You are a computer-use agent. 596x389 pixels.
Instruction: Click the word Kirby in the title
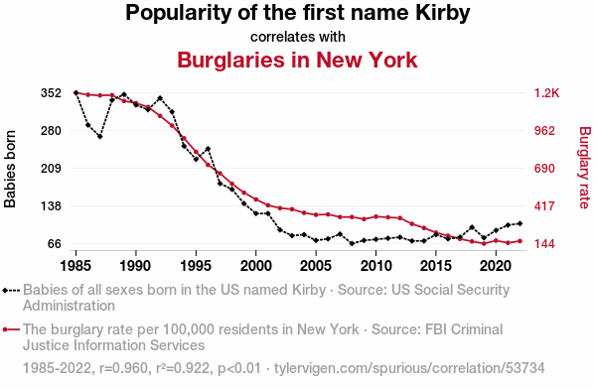click(442, 13)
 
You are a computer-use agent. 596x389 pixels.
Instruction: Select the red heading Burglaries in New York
click(297, 60)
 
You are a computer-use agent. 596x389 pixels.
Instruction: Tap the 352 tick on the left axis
click(51, 93)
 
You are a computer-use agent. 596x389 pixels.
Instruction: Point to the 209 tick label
click(51, 169)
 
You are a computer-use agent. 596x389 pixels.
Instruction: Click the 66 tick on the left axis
click(55, 244)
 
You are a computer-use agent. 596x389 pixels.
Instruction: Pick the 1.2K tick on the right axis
click(546, 93)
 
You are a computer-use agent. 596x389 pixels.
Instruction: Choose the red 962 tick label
click(544, 131)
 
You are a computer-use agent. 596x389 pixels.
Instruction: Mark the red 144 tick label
click(544, 244)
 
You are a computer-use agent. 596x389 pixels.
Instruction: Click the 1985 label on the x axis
click(75, 266)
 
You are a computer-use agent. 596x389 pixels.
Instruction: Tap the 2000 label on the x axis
click(256, 266)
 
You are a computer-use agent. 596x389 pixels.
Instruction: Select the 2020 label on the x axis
click(496, 266)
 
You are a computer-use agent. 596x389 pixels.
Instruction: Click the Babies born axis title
click(10, 169)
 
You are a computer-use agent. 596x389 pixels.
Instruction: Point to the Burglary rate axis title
click(585, 168)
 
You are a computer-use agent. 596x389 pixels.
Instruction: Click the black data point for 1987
click(100, 136)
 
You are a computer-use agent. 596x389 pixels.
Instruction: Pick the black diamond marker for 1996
click(208, 149)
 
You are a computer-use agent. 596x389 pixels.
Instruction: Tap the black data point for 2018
click(472, 227)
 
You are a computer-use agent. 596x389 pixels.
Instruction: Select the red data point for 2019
click(484, 243)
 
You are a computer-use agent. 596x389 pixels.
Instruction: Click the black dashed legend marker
click(11, 291)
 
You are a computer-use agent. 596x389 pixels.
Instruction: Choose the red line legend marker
click(11, 329)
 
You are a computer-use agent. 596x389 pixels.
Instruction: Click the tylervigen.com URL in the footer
click(409, 368)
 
